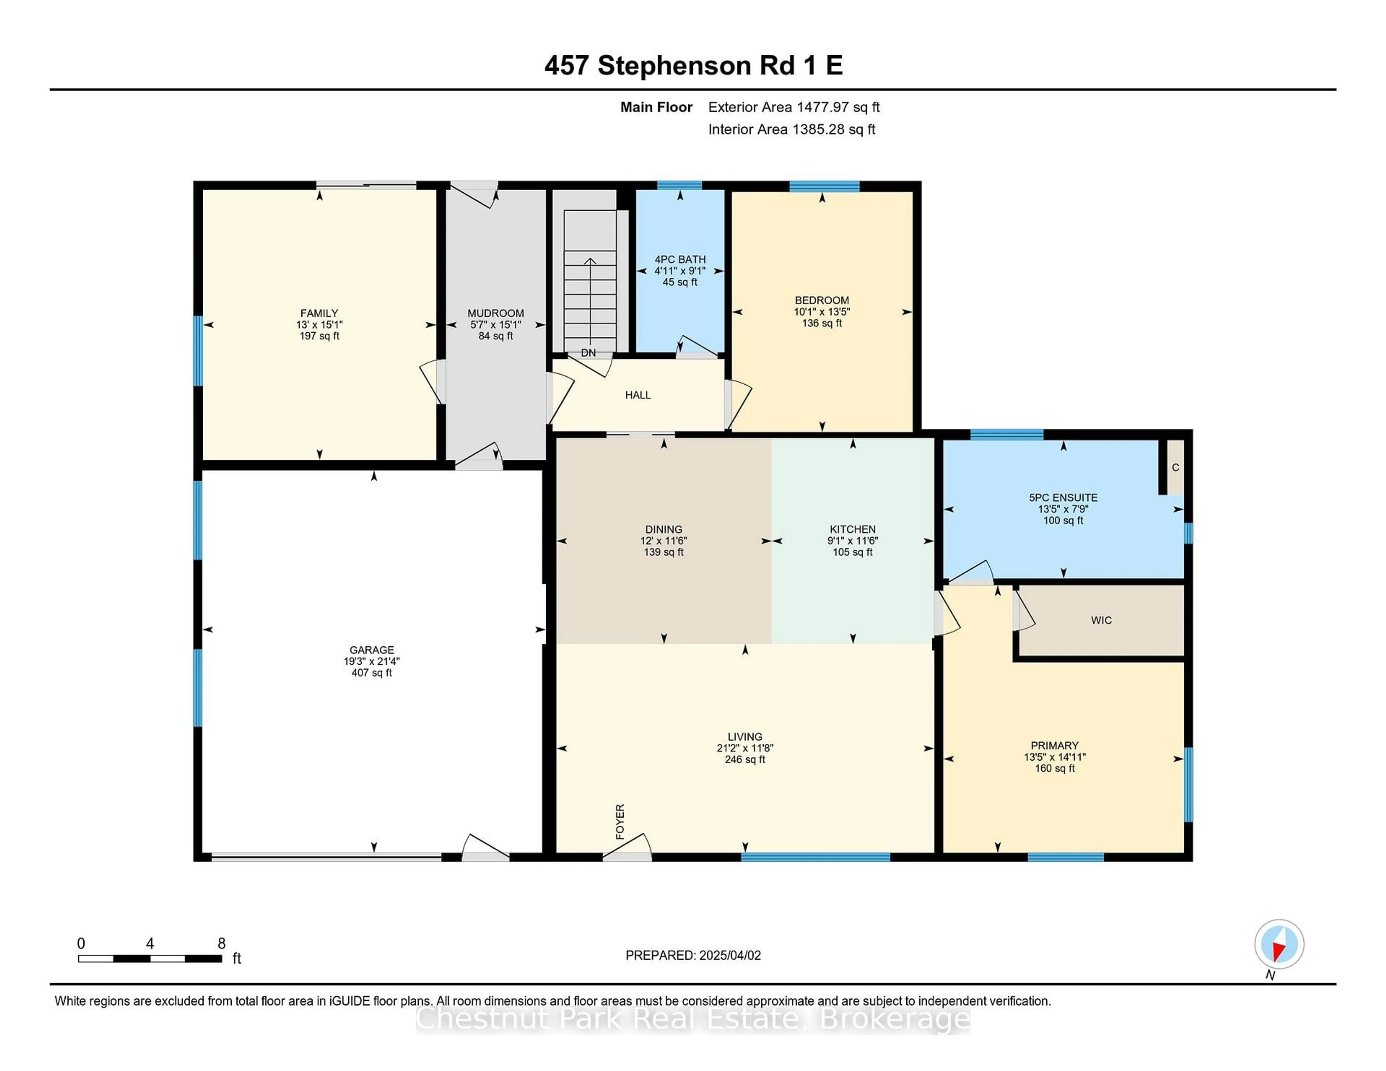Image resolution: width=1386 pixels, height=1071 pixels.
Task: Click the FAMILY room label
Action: coord(319,314)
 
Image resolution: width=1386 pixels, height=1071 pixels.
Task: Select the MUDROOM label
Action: coord(496,314)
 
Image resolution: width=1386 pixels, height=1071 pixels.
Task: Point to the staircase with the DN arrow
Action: coord(590,282)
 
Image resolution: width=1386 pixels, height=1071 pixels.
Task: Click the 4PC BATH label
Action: coord(680,259)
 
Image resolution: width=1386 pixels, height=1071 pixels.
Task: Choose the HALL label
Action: coord(638,395)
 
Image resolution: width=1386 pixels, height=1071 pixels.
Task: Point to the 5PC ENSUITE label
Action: coord(1064,498)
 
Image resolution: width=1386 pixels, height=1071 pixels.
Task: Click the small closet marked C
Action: coord(1175,468)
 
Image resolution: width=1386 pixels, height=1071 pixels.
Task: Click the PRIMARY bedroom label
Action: coord(1055,746)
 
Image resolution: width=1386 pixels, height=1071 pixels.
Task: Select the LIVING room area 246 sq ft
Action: coord(745,760)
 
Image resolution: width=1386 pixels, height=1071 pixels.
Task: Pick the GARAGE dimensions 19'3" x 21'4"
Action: coord(372,661)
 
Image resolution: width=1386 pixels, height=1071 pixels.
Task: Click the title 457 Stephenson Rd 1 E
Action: coord(694,65)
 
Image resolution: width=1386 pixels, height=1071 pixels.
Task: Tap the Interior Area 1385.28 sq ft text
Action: coord(792,130)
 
